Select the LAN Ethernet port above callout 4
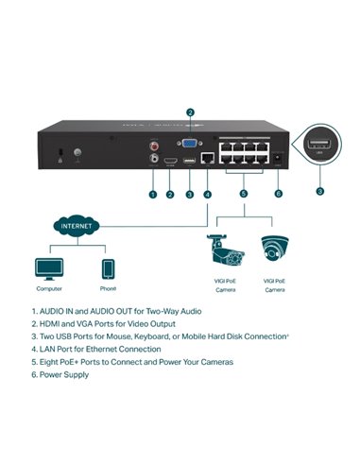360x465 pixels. pos(207,162)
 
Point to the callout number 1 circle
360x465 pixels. pos(152,194)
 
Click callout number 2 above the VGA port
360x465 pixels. pos(191,112)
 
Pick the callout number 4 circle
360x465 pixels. pos(207,194)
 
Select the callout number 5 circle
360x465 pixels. pos(243,194)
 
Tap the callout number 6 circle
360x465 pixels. pos(278,194)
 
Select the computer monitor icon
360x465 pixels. pos(49,267)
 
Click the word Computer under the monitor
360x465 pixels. pos(49,288)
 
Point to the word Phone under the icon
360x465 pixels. pos(109,288)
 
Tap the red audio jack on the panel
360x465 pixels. pos(153,146)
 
